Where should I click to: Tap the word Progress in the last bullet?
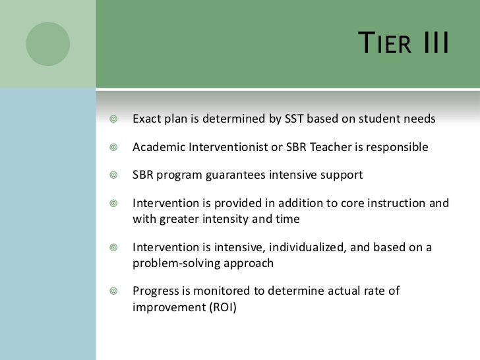coord(154,291)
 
